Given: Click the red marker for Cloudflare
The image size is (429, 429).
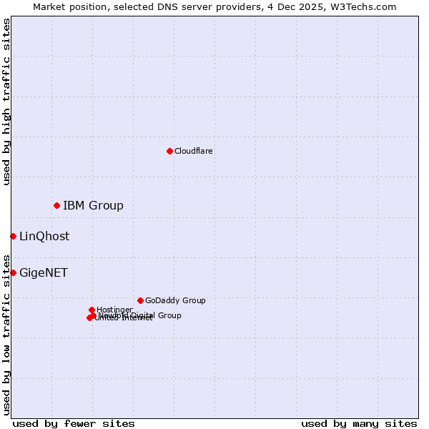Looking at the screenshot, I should tap(169, 151).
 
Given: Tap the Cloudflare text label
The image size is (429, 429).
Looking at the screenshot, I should tap(193, 151).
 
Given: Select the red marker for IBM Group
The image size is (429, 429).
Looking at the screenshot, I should tap(56, 205).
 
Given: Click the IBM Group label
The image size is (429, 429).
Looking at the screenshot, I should tap(93, 206).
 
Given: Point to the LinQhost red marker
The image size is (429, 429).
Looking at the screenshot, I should tap(13, 236).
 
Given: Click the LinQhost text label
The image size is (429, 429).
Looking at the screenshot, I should tap(44, 237).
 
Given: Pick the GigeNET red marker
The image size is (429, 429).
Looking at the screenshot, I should tap(13, 272).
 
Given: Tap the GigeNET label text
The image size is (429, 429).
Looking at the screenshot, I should tap(43, 273).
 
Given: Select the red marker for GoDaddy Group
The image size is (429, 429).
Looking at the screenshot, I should tap(140, 300).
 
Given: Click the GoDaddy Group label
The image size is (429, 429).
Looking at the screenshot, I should tap(175, 300).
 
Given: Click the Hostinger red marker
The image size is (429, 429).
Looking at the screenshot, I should tap(92, 310).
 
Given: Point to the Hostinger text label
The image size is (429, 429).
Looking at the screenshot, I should tap(114, 310).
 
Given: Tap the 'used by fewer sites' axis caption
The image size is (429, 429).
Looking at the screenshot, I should tap(74, 424).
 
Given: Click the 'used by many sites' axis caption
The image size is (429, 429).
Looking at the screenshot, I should tap(359, 424).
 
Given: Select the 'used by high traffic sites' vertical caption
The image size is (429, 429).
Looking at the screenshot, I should tap(6, 102).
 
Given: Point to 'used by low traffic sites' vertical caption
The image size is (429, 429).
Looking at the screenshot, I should tap(6, 334).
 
